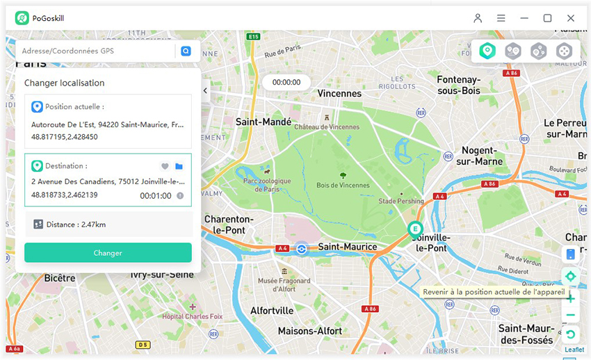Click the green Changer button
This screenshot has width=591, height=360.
point(108,253)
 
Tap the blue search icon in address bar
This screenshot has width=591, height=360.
point(186,51)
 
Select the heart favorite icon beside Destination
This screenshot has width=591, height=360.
point(165,166)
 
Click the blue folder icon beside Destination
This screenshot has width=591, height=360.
point(179,166)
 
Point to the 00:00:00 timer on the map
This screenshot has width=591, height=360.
point(286,82)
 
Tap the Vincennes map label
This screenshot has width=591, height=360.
point(339,93)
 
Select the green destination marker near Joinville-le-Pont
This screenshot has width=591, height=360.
point(415,229)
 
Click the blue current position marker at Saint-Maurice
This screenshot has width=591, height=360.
point(301,249)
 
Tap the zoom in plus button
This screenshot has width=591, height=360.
point(570,299)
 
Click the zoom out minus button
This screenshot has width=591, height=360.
point(570,316)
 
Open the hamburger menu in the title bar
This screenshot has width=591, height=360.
point(501,18)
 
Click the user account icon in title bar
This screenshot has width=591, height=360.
point(478,18)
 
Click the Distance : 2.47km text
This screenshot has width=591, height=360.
point(76,224)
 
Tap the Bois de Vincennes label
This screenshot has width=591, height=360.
point(342,185)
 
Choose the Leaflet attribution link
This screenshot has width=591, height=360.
point(574,350)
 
